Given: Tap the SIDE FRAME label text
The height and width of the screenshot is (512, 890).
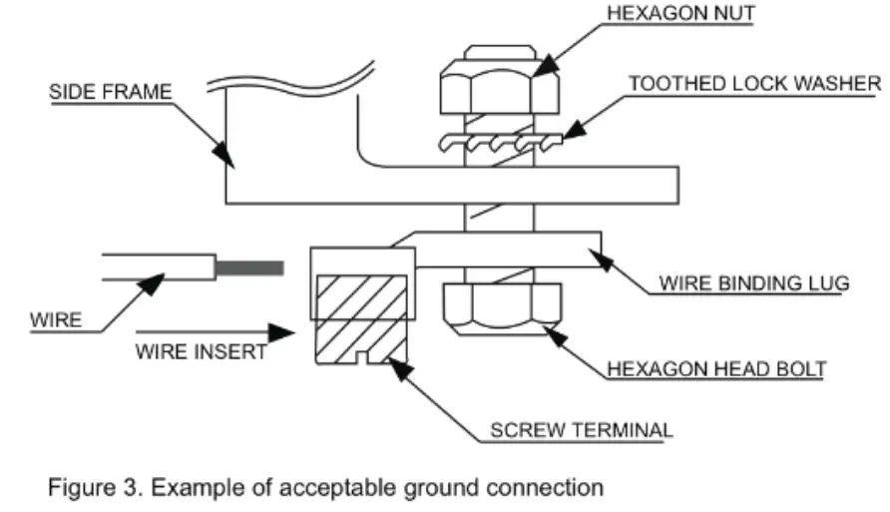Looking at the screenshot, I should click(111, 92).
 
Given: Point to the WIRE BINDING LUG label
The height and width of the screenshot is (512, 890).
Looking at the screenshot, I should click(753, 284).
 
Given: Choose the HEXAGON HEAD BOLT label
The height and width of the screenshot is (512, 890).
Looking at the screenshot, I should click(716, 369).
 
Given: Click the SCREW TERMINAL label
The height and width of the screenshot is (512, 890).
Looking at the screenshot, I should click(581, 432).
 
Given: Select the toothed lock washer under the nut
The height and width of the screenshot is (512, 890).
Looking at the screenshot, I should click(497, 146).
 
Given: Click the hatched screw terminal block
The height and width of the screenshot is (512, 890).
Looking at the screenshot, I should click(359, 314).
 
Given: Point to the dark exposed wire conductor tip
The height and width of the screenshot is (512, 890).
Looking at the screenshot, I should click(249, 266).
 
